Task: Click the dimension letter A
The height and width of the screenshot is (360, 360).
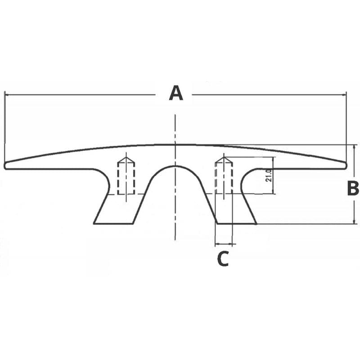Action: (x=176, y=93)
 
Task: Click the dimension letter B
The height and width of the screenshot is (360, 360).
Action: (x=353, y=188)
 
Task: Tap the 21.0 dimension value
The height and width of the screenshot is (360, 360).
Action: (x=269, y=175)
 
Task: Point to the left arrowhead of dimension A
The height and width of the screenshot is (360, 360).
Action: (x=7, y=94)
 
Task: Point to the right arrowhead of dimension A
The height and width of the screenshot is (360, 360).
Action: (x=344, y=94)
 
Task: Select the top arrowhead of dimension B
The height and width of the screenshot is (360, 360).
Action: (x=355, y=147)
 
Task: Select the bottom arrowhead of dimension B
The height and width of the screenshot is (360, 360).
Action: (x=355, y=221)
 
